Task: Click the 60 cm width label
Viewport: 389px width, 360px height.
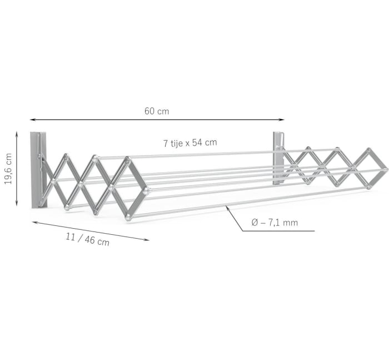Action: pyautogui.click(x=157, y=111)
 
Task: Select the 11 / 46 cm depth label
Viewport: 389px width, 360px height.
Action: pyautogui.click(x=87, y=239)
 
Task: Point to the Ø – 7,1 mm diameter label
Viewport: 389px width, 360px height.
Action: pyautogui.click(x=275, y=223)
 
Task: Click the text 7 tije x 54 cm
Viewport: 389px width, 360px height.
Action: pyautogui.click(x=190, y=142)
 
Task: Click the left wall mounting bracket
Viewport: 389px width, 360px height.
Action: pyautogui.click(x=38, y=170)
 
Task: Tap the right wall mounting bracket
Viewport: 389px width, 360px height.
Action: pyautogui.click(x=278, y=157)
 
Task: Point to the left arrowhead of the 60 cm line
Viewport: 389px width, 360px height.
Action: pyautogui.click(x=32, y=120)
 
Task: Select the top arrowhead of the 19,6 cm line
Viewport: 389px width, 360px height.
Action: pyautogui.click(x=17, y=134)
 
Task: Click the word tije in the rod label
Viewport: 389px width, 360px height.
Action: pyautogui.click(x=178, y=142)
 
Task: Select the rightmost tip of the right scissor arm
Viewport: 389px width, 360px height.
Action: pyautogui.click(x=387, y=168)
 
